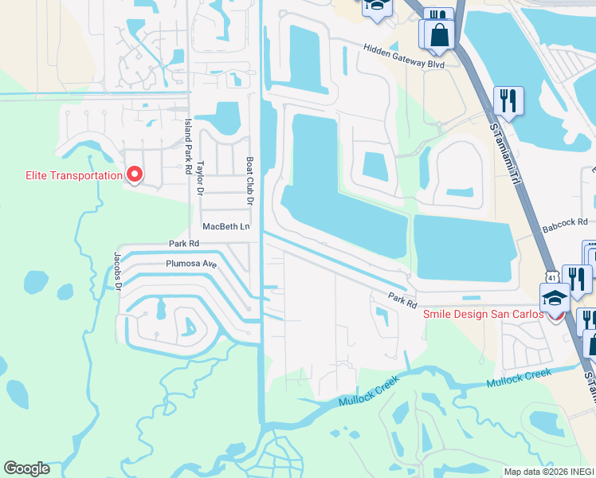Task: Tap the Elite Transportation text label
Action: (x=63, y=175)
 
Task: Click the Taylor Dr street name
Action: (x=201, y=177)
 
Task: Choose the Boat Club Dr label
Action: (x=249, y=181)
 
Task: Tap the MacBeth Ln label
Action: (x=226, y=227)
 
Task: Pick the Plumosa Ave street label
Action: (x=191, y=264)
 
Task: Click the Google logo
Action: (x=27, y=468)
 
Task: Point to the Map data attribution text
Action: (x=548, y=472)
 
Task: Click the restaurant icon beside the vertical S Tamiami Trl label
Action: (x=508, y=100)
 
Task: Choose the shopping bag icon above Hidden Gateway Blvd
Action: (x=439, y=34)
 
